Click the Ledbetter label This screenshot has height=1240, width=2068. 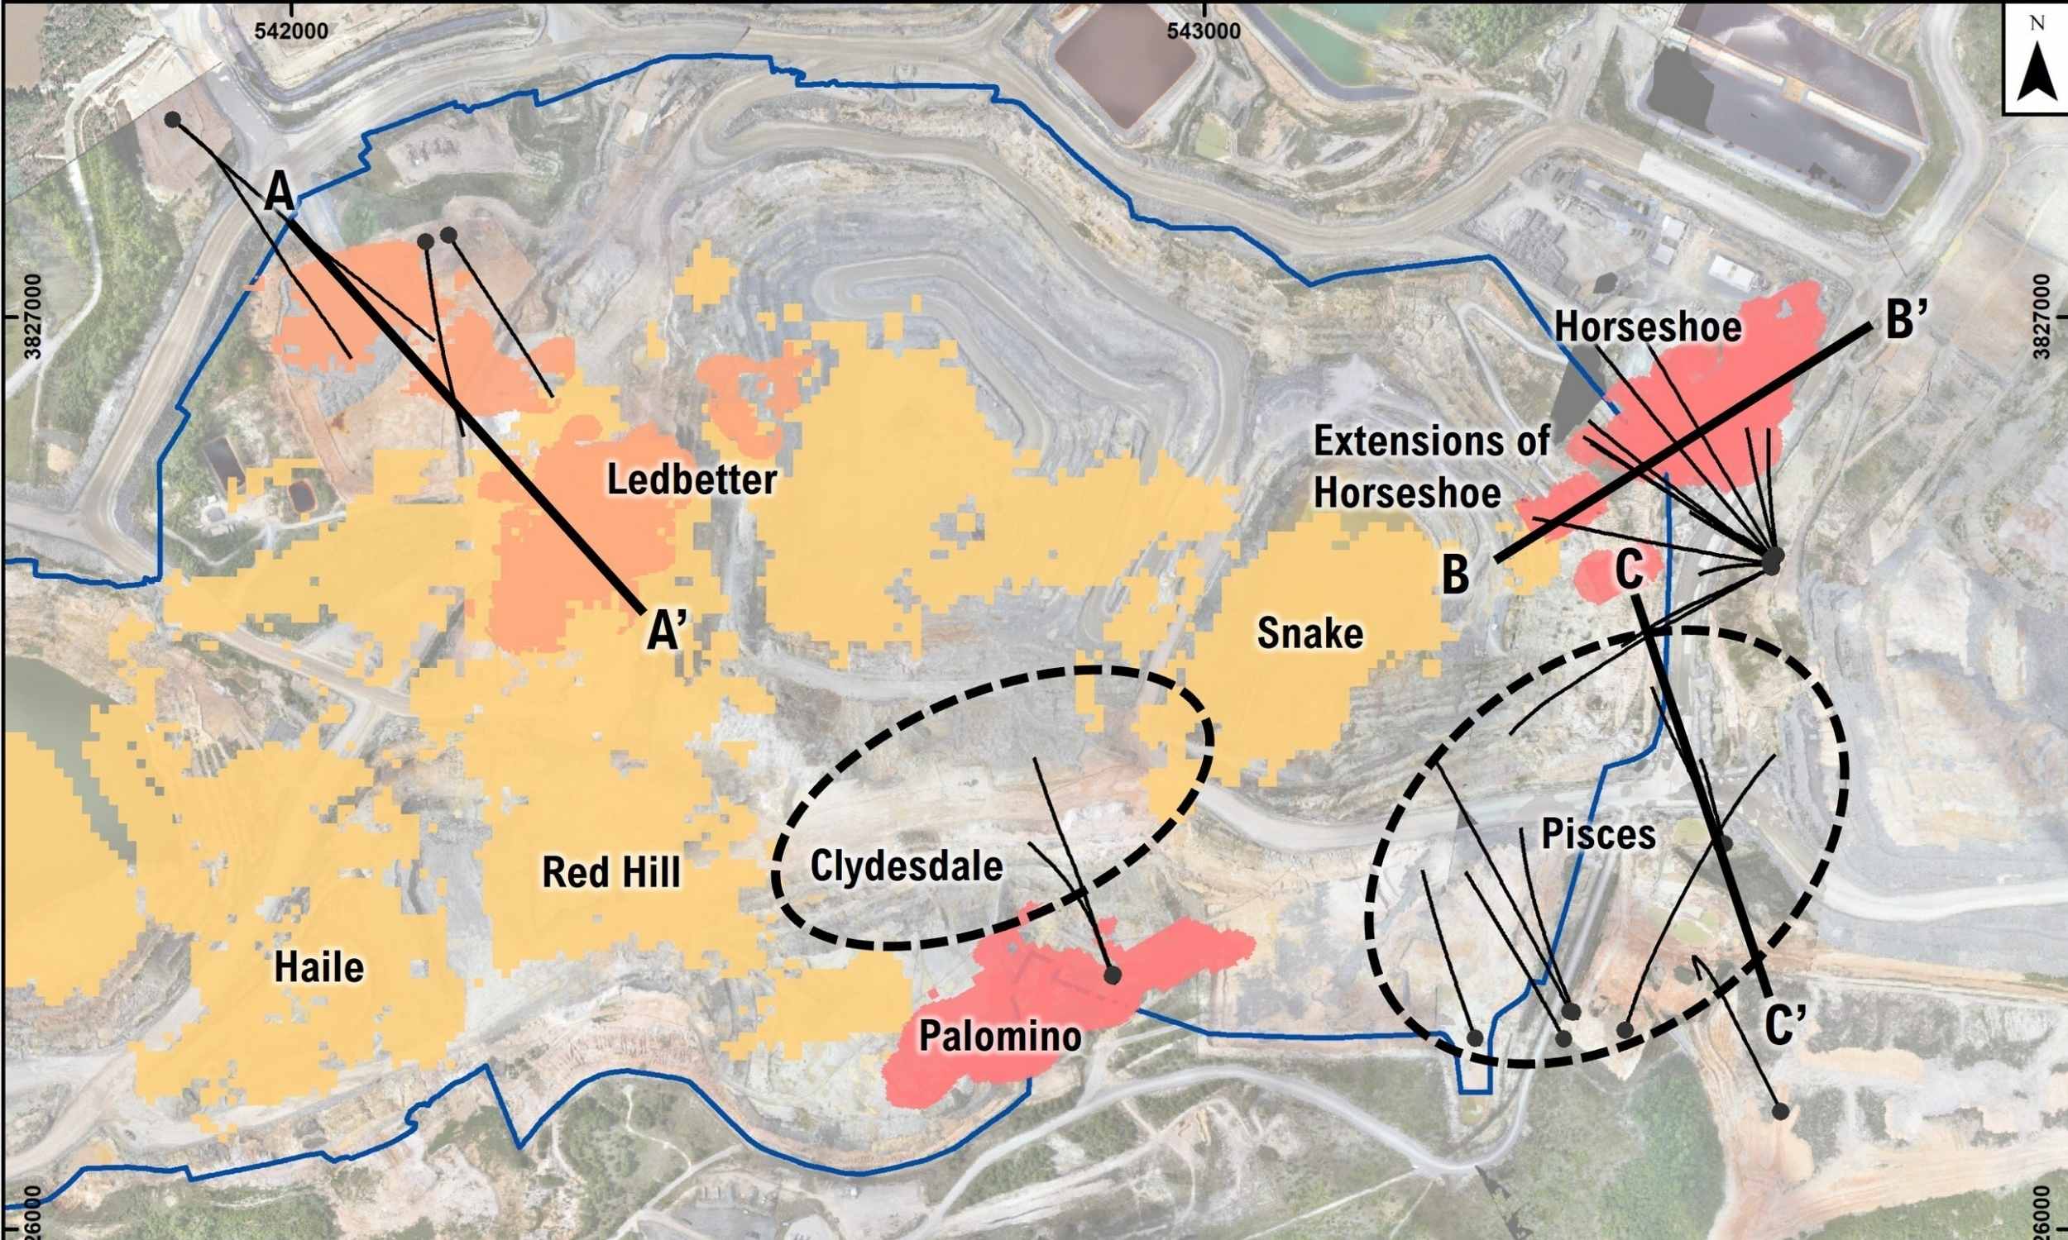pyautogui.click(x=692, y=480)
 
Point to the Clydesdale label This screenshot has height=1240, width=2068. pyautogui.click(x=906, y=866)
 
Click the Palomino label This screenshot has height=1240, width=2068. pyautogui.click(x=1000, y=1037)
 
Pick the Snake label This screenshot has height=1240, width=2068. pyautogui.click(x=1309, y=633)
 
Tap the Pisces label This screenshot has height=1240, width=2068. pyautogui.click(x=1597, y=834)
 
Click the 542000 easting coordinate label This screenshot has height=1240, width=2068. pyautogui.click(x=291, y=30)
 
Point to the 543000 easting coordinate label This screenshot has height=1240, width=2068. pyautogui.click(x=1203, y=30)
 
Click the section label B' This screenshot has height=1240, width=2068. pyautogui.click(x=1901, y=321)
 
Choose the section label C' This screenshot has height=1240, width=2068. pyautogui.click(x=1786, y=1025)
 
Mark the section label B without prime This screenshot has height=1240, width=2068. pyautogui.click(x=1456, y=575)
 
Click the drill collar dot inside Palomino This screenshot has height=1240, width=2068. pyautogui.click(x=1112, y=975)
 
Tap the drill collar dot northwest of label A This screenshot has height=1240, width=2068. pyautogui.click(x=173, y=120)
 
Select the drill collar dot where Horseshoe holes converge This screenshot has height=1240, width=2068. pyautogui.click(x=1772, y=558)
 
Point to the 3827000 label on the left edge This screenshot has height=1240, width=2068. pyautogui.click(x=33, y=317)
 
